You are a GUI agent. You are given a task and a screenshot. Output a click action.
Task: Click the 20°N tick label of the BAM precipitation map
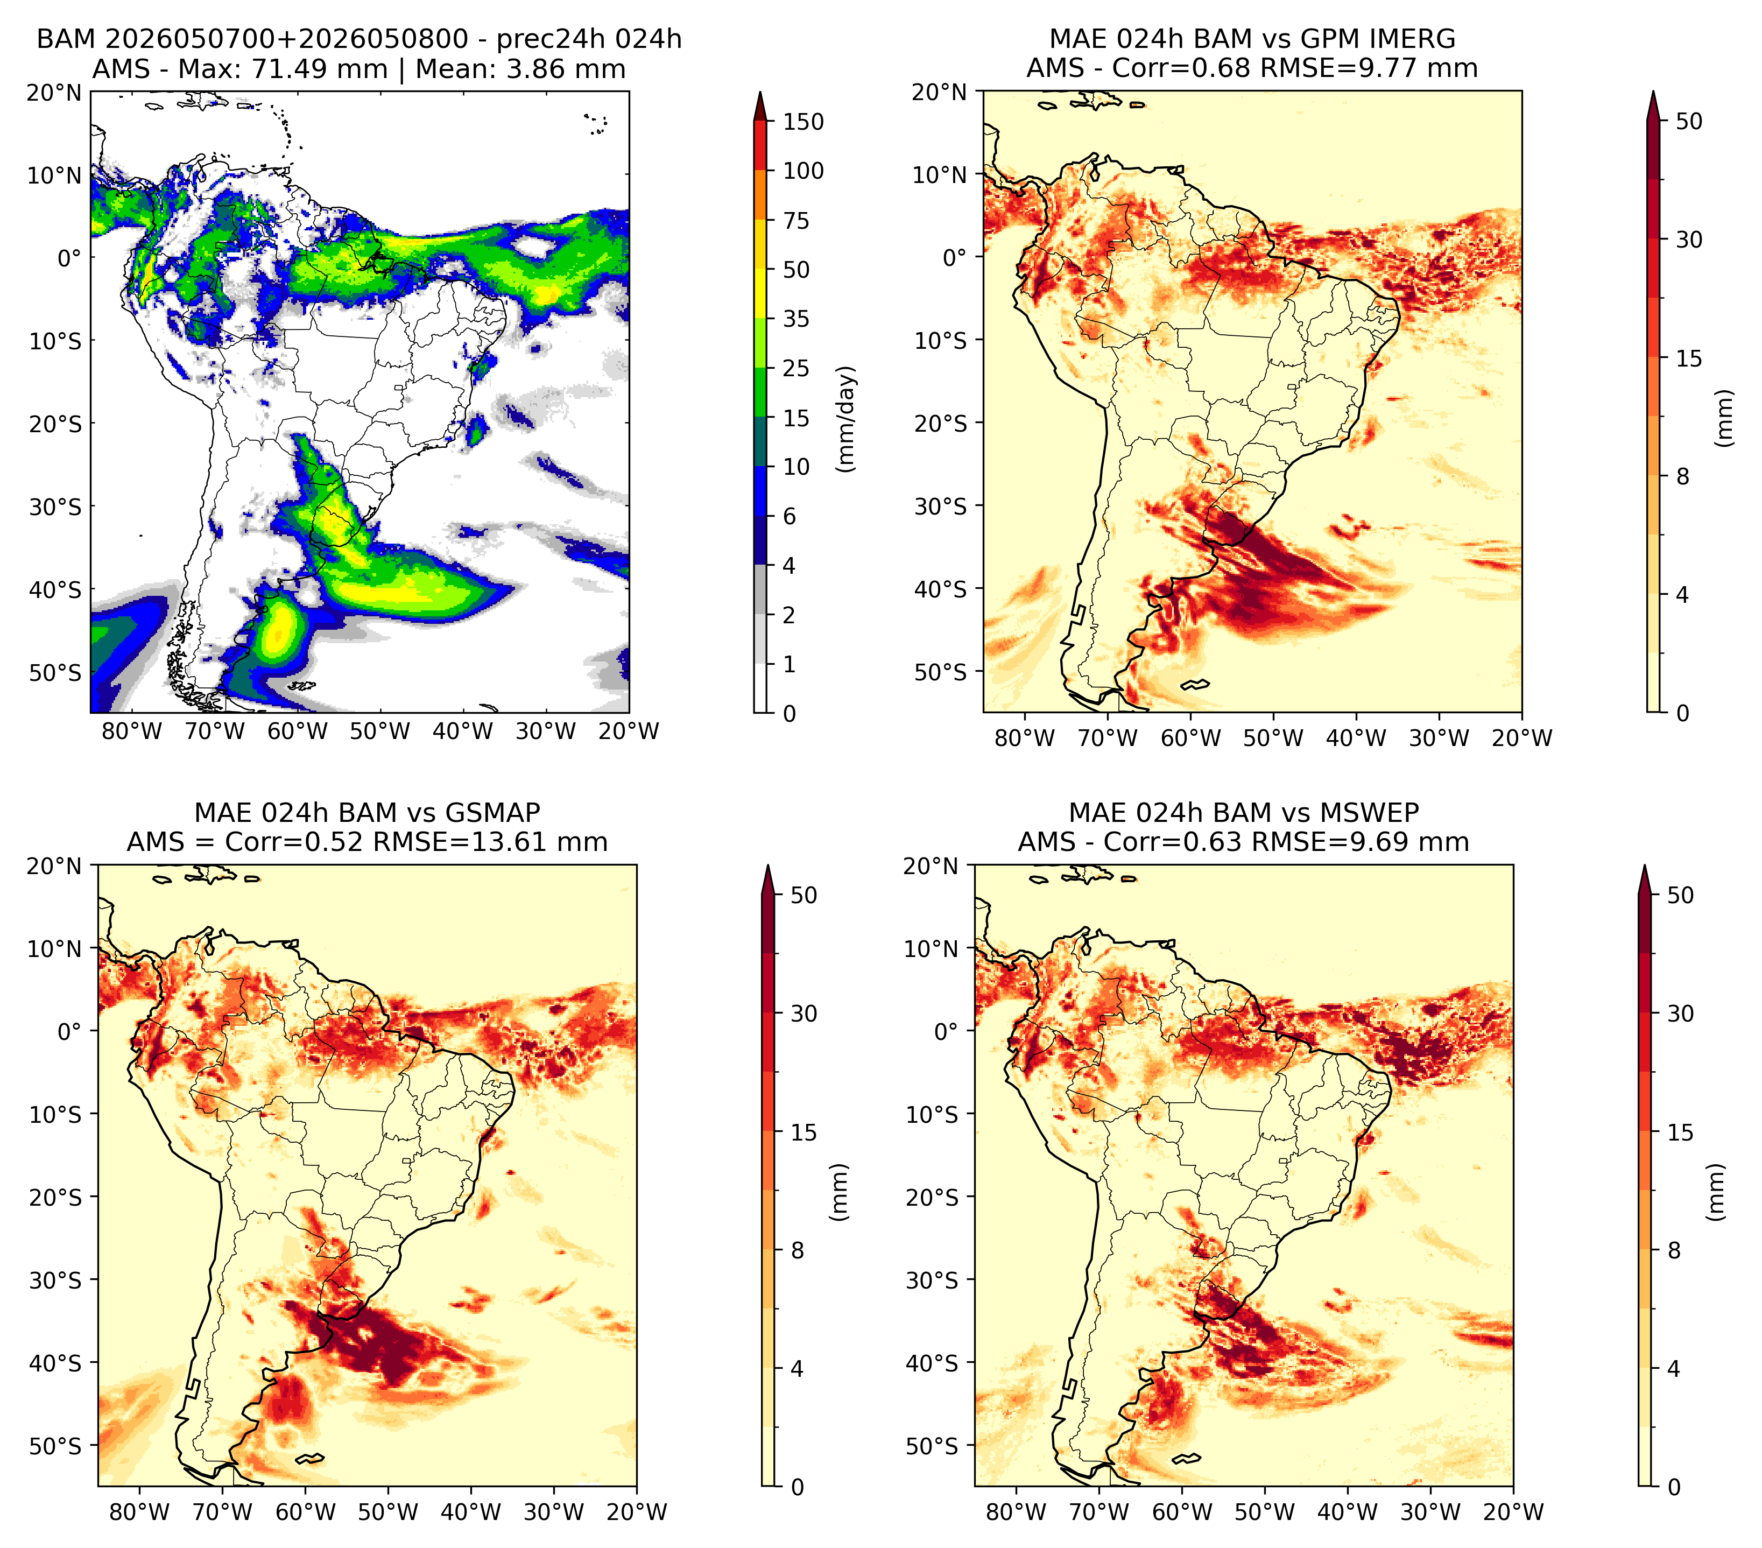click(x=53, y=92)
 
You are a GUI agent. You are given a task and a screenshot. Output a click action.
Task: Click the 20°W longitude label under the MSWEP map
click(x=1513, y=1512)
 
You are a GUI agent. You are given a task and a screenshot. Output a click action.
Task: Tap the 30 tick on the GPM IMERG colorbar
click(x=1689, y=240)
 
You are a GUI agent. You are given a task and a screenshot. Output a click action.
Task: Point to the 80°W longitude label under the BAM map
click(x=132, y=731)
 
